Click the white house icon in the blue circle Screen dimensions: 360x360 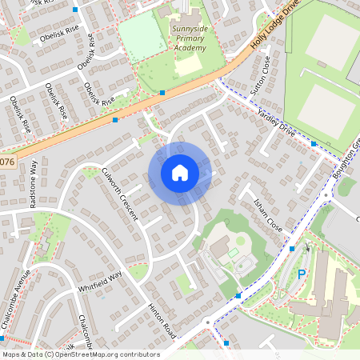180,172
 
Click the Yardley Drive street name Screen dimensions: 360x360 277,122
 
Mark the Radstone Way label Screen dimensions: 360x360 34,185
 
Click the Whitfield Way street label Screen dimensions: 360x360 100,280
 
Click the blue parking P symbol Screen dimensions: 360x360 302,274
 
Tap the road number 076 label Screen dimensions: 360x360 7,162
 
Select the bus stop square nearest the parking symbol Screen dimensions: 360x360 292,249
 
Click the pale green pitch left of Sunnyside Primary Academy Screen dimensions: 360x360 142,38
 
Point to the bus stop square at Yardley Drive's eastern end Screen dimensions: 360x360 314,144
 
